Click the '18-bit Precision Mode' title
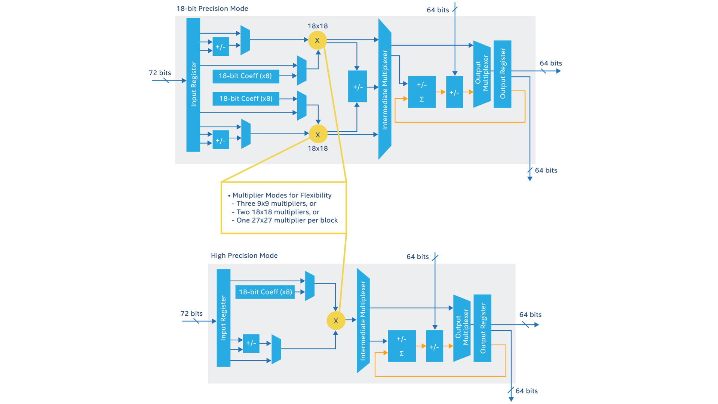(212, 9)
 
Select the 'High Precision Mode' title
(244, 255)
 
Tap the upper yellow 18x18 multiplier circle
(317, 40)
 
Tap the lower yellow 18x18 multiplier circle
(318, 134)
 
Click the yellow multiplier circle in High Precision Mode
(336, 321)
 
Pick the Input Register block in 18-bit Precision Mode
(193, 85)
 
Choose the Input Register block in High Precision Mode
(224, 318)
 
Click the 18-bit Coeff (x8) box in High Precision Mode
(265, 292)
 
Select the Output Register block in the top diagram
(502, 74)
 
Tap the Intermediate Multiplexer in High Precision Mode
(363, 321)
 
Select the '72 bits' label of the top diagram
(160, 73)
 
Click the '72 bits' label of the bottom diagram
(191, 313)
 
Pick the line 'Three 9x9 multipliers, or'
(276, 203)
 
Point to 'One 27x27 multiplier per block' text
(287, 220)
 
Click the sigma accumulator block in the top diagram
(422, 92)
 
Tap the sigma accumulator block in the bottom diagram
(402, 346)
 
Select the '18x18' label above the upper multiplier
(317, 26)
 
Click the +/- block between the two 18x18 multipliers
(358, 87)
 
